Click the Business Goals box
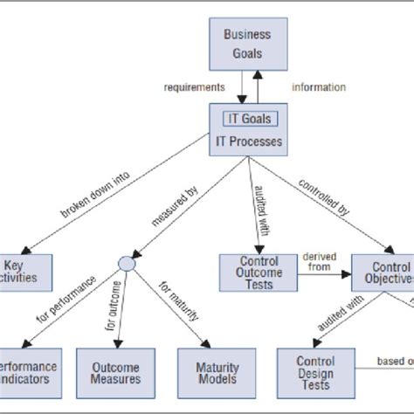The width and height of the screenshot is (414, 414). tap(247, 44)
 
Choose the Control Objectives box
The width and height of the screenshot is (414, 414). tap(382, 273)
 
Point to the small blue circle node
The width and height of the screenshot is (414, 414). tap(127, 262)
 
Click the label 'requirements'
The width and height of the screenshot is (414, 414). tap(195, 87)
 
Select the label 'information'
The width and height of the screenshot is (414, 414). tap(318, 87)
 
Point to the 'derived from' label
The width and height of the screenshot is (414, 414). tap(317, 261)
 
